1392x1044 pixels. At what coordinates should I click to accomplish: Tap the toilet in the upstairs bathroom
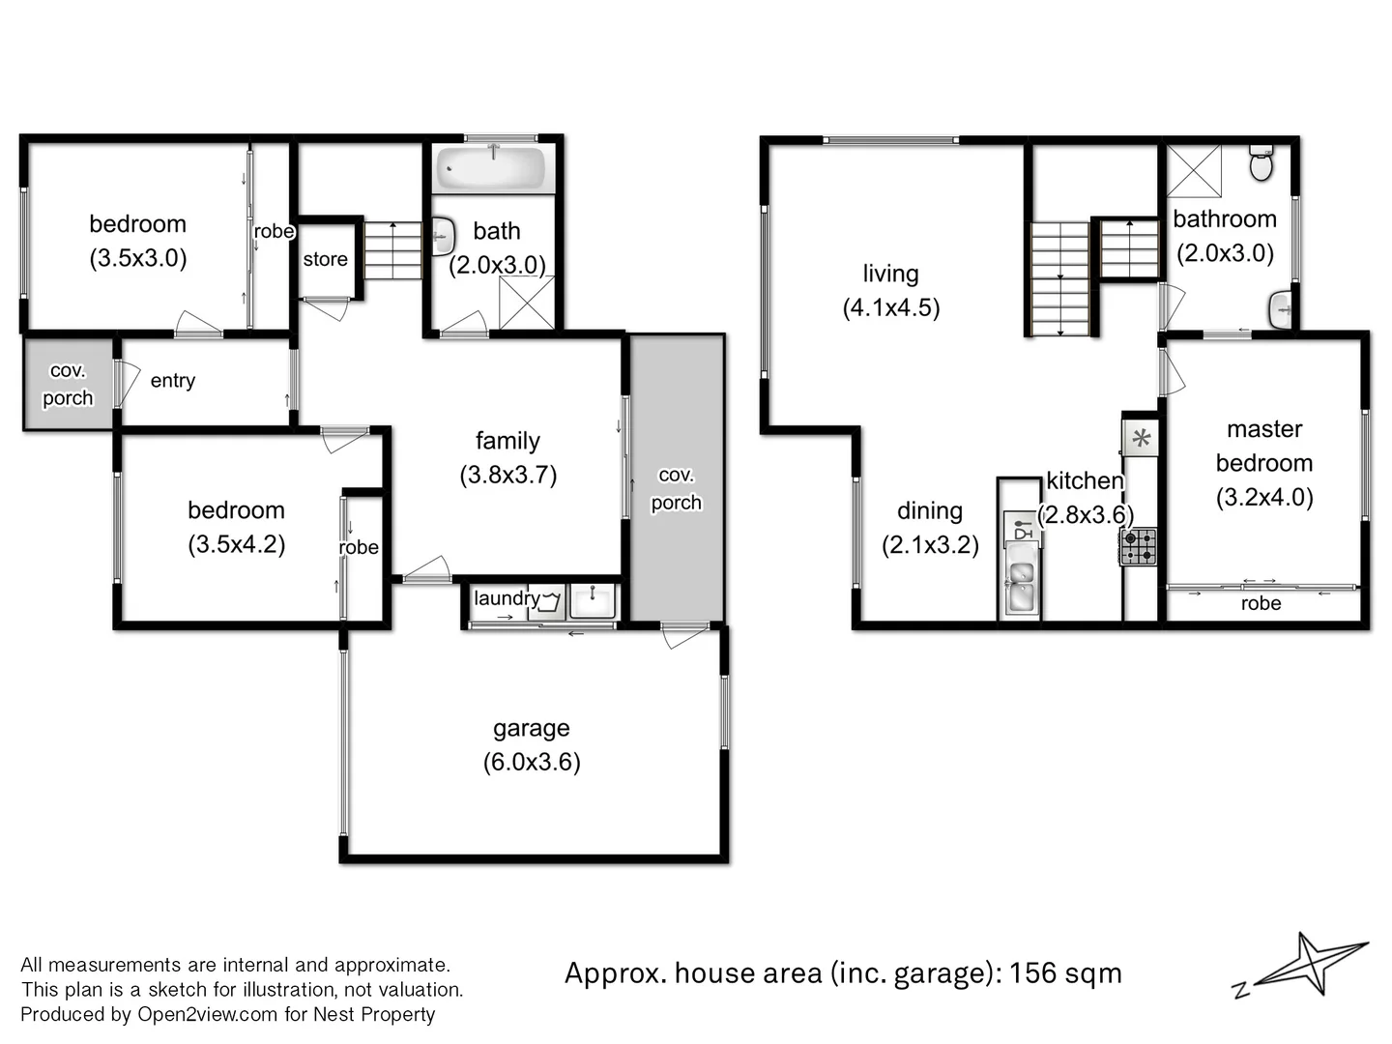[1261, 163]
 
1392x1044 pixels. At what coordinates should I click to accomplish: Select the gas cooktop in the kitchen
[1139, 546]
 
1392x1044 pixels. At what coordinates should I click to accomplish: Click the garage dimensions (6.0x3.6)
[532, 762]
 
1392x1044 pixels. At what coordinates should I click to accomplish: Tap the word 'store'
[325, 259]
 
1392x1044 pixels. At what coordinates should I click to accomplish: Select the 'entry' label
[173, 381]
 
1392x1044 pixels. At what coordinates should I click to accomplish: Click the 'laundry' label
[506, 598]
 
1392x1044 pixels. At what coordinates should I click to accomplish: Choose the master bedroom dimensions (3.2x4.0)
[1264, 497]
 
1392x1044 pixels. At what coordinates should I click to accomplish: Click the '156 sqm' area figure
[1065, 972]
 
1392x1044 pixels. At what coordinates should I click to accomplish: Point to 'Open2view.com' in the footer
[207, 1014]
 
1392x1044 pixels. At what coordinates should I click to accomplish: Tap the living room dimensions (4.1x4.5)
[891, 307]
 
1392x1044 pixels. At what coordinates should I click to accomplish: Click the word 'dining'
[930, 510]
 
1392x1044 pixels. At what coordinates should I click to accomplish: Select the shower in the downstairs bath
[527, 303]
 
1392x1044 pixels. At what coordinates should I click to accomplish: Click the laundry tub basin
[592, 600]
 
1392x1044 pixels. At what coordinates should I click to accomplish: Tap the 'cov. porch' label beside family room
[676, 488]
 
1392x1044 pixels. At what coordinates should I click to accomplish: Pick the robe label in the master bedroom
[1261, 603]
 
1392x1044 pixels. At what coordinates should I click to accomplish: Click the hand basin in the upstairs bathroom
[1282, 309]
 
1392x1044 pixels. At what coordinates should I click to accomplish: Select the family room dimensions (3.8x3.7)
[508, 475]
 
